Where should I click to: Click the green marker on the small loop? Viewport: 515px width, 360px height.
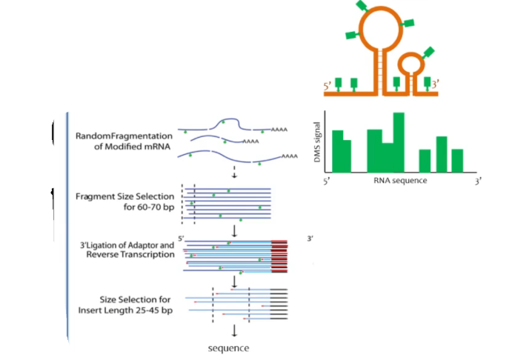tap(429, 52)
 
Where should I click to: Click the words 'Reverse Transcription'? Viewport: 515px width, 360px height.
tap(130, 254)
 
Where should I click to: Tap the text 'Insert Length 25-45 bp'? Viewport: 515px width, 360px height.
tap(126, 309)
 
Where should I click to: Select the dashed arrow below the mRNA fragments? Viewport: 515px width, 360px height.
tap(234, 173)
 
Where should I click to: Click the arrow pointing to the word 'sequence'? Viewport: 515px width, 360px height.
tap(234, 330)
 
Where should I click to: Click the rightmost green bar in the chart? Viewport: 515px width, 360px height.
tap(457, 159)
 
